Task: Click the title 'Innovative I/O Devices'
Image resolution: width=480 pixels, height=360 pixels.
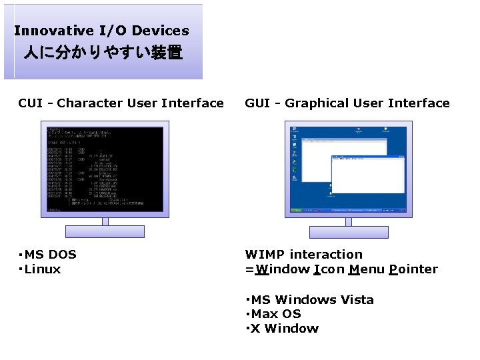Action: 101,31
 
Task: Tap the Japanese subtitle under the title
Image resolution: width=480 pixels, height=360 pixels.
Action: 103,53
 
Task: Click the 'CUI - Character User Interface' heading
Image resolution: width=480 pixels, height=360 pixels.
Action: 121,103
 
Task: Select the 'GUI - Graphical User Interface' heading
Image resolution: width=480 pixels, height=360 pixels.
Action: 347,103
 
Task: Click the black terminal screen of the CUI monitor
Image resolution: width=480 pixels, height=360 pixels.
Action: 105,169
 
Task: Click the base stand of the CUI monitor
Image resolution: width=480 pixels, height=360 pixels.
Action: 105,231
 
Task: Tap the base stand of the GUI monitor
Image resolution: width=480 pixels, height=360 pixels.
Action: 349,231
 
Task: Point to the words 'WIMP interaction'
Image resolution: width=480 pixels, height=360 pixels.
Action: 303,255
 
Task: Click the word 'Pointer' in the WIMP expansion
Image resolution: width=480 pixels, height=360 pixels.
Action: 414,269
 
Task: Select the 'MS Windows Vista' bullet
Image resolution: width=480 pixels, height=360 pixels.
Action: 312,300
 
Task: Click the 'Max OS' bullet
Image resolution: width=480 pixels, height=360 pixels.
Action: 276,314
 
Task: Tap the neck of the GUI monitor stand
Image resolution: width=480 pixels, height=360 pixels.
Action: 349,221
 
